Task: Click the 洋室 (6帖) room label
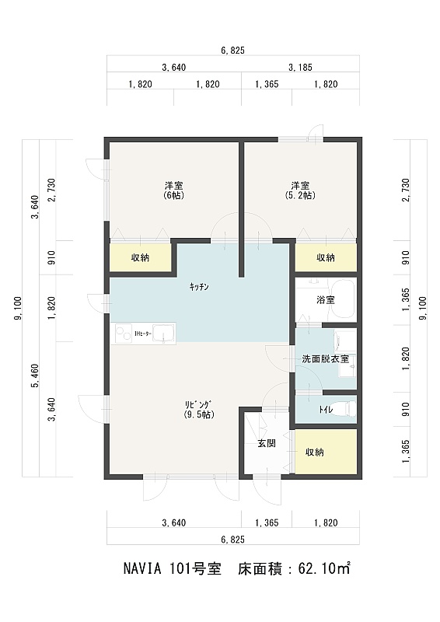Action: (x=174, y=190)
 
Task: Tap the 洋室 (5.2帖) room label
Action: (x=300, y=190)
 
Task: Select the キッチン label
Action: (x=199, y=287)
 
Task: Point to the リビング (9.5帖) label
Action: (x=199, y=411)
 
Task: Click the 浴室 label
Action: (x=326, y=300)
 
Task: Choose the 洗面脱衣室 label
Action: (x=326, y=359)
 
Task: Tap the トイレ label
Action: (x=326, y=410)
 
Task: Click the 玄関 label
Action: (x=267, y=444)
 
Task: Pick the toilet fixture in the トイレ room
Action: (x=348, y=410)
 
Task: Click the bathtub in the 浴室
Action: (x=343, y=299)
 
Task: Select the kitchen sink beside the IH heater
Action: (x=163, y=334)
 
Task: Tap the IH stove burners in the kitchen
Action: (x=124, y=334)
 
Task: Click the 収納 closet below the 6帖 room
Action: (x=140, y=258)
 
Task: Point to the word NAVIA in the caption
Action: (x=142, y=570)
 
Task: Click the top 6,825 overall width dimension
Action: (x=233, y=51)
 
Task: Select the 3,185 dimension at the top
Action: (x=300, y=68)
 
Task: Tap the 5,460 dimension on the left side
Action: (x=36, y=376)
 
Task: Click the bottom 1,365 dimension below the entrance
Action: (x=267, y=522)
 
